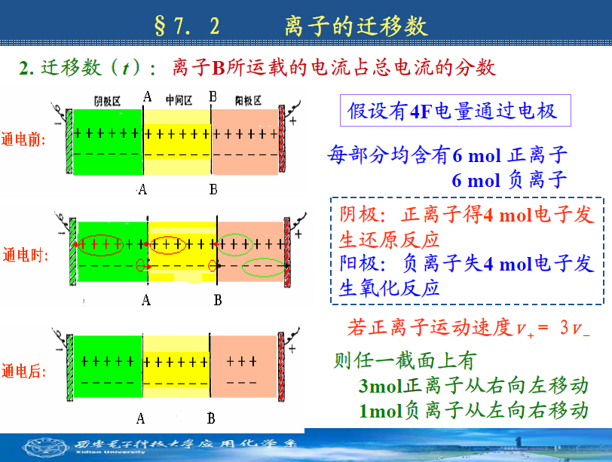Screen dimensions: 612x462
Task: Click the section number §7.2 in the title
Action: [x=187, y=26]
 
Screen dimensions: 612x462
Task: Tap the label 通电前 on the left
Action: [x=23, y=139]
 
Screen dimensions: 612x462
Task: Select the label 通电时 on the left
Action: [x=26, y=255]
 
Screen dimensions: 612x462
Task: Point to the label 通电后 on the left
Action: [x=23, y=371]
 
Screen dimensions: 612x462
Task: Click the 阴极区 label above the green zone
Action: [x=107, y=101]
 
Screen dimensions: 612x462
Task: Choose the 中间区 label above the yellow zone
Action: [x=179, y=100]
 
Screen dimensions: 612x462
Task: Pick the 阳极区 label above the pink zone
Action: [x=248, y=101]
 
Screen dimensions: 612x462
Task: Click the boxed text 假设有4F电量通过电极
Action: [x=452, y=111]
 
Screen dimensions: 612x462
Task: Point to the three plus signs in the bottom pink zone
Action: [x=242, y=361]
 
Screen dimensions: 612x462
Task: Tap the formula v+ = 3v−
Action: [x=553, y=328]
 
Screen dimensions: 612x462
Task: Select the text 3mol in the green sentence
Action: [x=380, y=386]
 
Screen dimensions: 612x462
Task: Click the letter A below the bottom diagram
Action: [x=140, y=419]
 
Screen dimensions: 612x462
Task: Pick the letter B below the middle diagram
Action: [x=218, y=301]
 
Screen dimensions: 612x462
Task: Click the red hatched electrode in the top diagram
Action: [x=282, y=139]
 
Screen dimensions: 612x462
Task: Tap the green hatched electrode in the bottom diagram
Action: [x=70, y=368]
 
